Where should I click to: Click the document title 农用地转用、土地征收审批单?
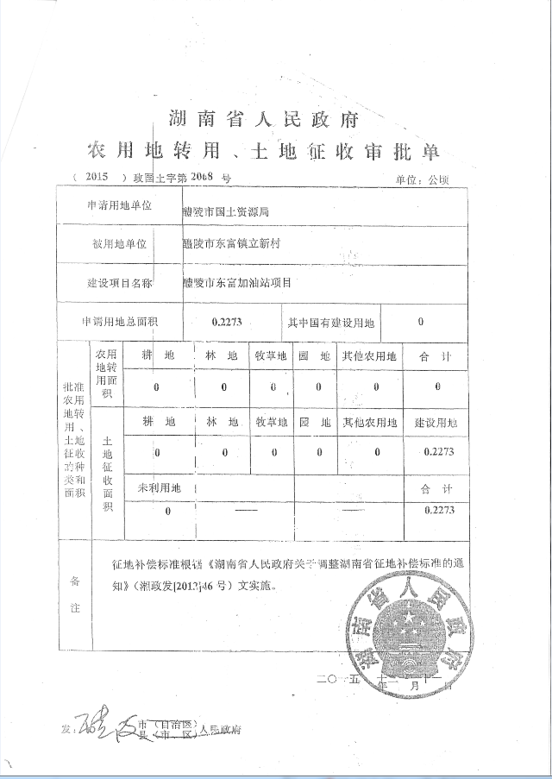click(x=264, y=153)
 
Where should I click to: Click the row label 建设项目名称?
click(x=119, y=282)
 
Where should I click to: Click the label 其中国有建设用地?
click(x=332, y=323)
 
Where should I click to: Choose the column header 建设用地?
click(x=435, y=423)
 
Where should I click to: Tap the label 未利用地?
click(x=160, y=488)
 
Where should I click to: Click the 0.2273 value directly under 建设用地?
click(x=438, y=451)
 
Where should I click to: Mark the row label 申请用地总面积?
click(x=119, y=322)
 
